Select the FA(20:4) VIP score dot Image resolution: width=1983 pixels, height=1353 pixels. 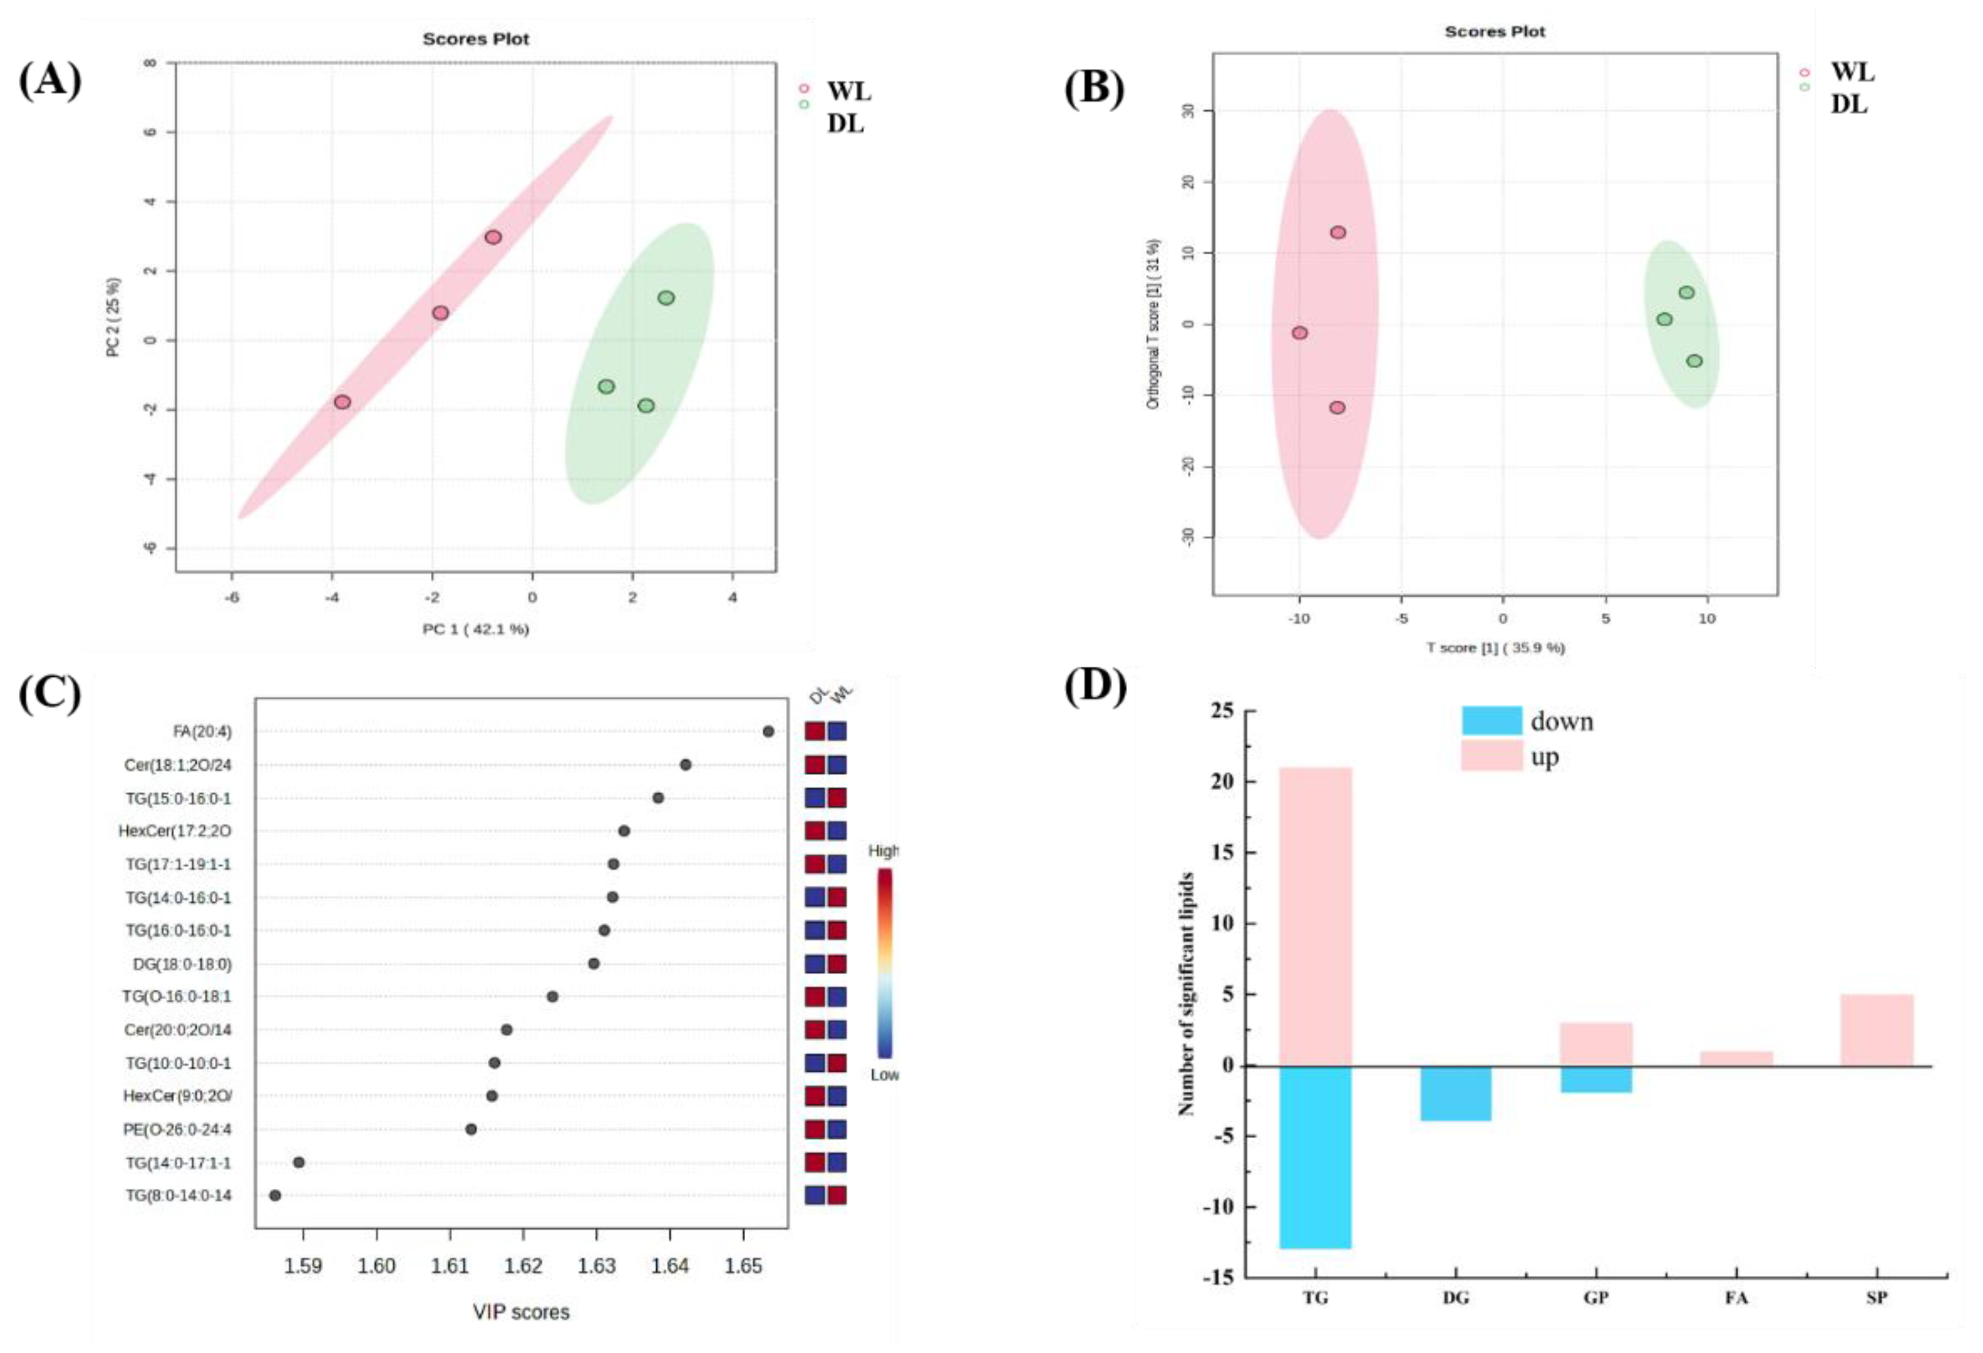click(768, 731)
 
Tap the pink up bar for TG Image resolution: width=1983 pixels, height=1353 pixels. click(1315, 916)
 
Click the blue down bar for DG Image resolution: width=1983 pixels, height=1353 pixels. click(1456, 1093)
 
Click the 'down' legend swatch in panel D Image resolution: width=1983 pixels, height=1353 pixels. click(1492, 721)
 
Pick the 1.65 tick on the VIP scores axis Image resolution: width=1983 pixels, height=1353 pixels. click(743, 1266)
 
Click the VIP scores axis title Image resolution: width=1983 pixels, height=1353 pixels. click(522, 1312)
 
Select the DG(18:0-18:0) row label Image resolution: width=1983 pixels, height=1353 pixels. click(182, 964)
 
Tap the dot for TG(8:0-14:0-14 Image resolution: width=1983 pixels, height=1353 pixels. click(275, 1195)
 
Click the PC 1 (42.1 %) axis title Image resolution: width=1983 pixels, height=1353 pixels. click(476, 630)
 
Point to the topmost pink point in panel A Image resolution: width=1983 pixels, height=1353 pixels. click(493, 237)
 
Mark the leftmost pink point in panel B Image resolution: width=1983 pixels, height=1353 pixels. click(1300, 333)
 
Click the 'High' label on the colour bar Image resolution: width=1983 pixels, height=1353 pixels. click(883, 850)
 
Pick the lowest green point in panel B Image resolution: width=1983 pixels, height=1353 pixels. click(1695, 361)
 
